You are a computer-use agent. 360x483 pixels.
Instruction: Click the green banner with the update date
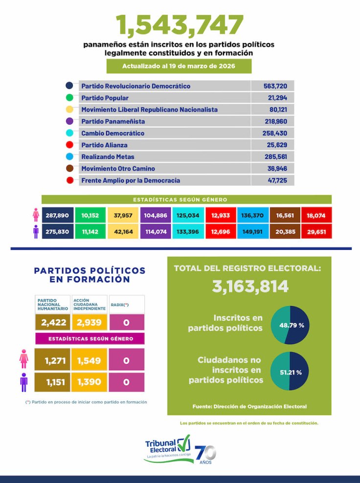coord(179,66)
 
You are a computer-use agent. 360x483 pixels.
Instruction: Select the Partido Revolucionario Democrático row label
coord(135,86)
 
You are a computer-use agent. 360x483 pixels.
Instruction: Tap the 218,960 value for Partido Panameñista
coord(272,121)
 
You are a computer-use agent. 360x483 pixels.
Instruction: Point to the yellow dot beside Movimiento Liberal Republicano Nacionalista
coord(69,110)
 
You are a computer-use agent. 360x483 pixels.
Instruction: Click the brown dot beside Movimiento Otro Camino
coord(69,168)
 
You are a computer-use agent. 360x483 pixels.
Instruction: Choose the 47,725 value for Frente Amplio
coord(272,180)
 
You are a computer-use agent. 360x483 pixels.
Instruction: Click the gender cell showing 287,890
coord(57,216)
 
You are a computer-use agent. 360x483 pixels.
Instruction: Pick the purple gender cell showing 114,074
coord(157,231)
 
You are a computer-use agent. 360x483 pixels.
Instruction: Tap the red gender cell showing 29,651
coord(316,231)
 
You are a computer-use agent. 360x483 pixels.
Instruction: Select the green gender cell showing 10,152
coord(90,216)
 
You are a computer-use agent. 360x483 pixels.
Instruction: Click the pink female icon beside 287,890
coord(36,216)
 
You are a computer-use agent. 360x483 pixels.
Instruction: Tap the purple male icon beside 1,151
coord(23,382)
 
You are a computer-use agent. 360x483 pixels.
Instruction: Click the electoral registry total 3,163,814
coord(250,286)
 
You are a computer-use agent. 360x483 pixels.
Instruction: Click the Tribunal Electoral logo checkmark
coord(184,444)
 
